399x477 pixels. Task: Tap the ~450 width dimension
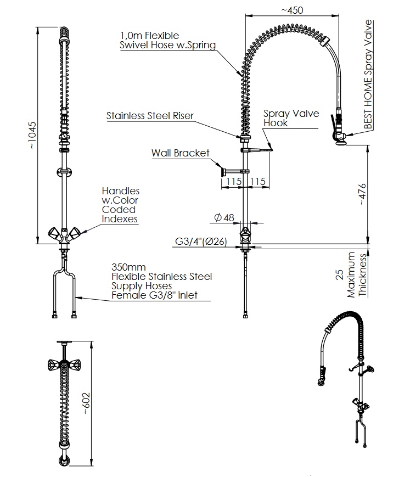(292, 9)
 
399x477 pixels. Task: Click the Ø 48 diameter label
(223, 218)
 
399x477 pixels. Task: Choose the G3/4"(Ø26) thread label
(201, 242)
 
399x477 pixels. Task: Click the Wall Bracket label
(180, 153)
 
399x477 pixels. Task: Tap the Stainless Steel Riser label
(150, 116)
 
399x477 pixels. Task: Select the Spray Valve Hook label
(290, 119)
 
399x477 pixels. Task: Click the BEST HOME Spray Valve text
(368, 75)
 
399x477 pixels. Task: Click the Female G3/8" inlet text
(154, 296)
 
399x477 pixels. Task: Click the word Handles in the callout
(120, 191)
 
